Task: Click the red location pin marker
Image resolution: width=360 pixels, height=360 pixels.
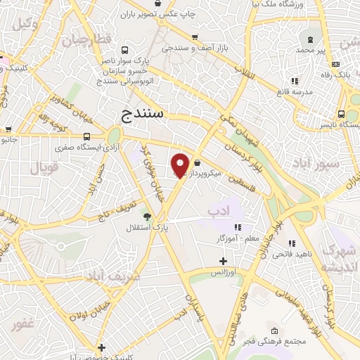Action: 180,165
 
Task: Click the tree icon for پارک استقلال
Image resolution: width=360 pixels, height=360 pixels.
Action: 147,217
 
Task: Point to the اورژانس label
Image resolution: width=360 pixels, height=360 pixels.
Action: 224,271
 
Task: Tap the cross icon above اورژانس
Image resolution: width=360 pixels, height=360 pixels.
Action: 224,261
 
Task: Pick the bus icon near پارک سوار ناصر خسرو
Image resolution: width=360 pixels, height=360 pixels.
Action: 124,51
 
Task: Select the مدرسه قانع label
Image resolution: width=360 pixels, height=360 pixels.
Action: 295,92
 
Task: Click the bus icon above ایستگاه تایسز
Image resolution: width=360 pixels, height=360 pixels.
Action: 341,113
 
